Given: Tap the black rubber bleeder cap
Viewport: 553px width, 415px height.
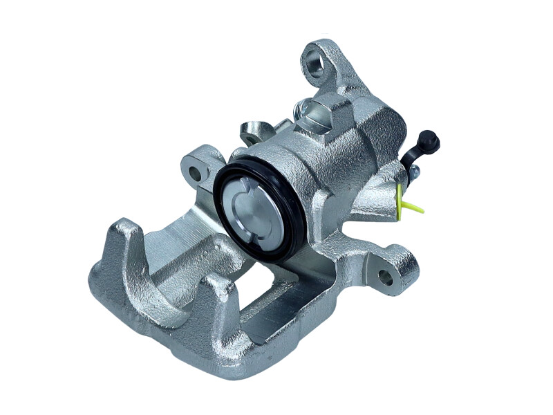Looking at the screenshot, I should (x=429, y=140).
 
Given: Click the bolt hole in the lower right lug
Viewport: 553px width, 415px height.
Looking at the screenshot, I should (x=385, y=278).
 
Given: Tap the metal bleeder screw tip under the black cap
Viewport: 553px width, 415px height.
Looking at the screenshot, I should (x=413, y=173).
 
